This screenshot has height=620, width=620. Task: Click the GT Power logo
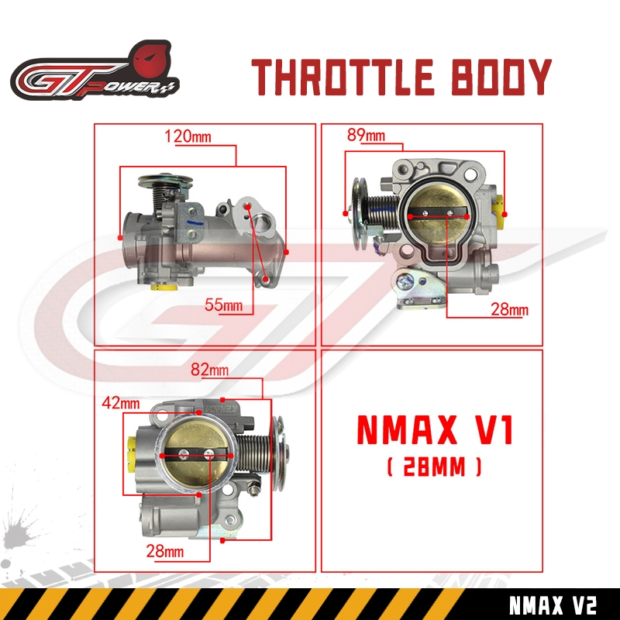coord(95,71)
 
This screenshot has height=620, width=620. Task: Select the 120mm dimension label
coord(188,136)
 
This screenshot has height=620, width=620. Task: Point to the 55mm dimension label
coord(223,305)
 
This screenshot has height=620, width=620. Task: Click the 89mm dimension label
coord(366,135)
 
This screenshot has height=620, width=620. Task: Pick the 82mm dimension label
coord(209,370)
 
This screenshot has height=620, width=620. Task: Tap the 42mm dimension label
coord(121,403)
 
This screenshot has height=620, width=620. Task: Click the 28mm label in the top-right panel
coord(509,308)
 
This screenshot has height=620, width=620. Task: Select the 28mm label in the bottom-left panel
coord(165,551)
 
